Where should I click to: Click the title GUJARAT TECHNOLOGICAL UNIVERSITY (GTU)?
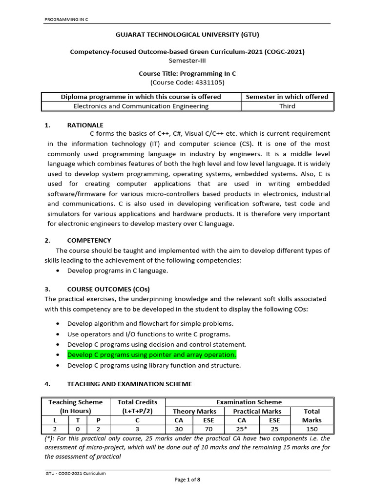187,35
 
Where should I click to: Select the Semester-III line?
187,61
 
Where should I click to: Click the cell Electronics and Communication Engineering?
141,106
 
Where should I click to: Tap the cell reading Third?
287,106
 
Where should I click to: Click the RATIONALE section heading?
85,125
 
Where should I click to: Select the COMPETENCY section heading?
89,240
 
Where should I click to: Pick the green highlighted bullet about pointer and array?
151,354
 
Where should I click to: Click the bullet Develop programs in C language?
117,270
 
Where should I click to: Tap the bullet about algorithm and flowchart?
150,323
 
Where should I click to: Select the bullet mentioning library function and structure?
154,365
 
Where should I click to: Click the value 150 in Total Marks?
312,429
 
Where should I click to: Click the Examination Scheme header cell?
249,402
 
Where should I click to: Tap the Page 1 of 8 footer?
187,479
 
